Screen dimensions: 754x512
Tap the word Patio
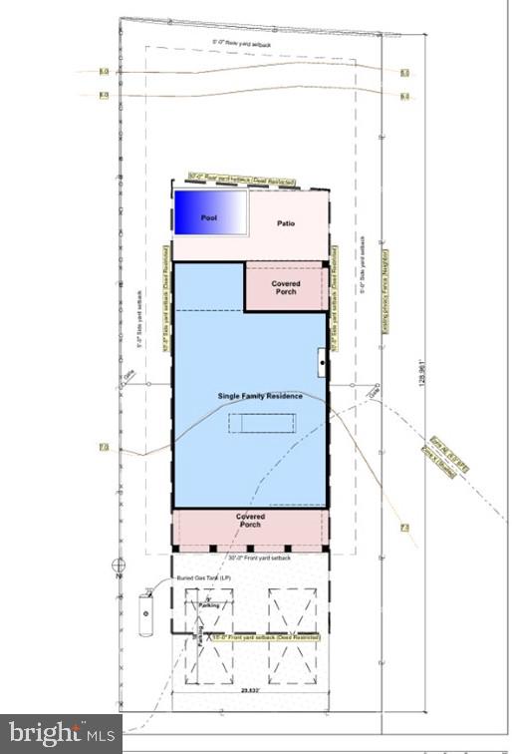286,223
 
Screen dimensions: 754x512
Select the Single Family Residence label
260,396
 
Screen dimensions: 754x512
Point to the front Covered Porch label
250,520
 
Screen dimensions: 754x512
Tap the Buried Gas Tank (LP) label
204,578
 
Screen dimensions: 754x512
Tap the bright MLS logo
60,733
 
